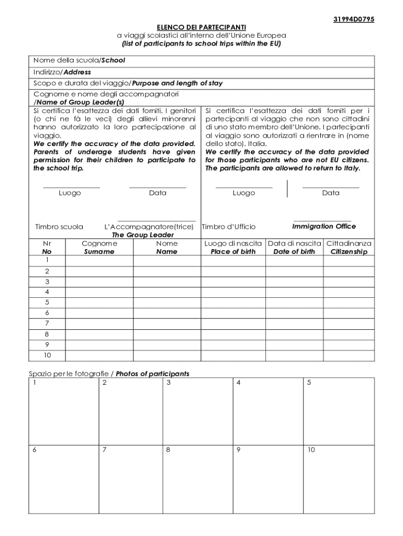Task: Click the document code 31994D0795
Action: [354, 20]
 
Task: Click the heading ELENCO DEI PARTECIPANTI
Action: [201, 27]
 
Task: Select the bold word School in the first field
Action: [113, 60]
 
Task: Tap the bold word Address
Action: [77, 72]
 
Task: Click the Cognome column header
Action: [99, 243]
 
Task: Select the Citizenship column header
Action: [349, 252]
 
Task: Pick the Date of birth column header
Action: [294, 252]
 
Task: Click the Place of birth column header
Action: [233, 252]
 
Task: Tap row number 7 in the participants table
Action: [47, 323]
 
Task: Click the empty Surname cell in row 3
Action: [99, 281]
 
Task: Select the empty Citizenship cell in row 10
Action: [349, 355]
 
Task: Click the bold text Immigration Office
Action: [323, 227]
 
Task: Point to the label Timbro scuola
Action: [59, 227]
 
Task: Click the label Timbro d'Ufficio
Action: [229, 227]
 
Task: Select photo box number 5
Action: [339, 411]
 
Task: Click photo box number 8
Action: [197, 479]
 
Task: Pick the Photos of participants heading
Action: [152, 374]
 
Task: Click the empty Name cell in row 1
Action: [167, 260]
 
